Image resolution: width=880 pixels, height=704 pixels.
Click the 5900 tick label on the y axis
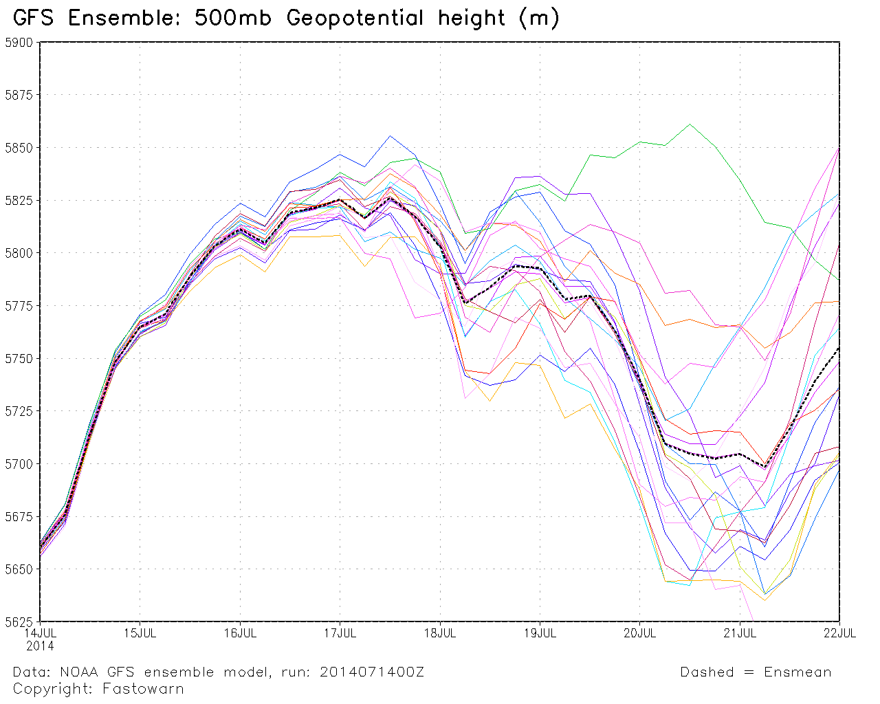coord(19,43)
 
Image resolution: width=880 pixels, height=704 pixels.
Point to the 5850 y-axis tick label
coord(19,148)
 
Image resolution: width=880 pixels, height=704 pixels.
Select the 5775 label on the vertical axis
coord(19,306)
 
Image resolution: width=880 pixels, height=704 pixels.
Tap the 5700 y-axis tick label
coord(19,464)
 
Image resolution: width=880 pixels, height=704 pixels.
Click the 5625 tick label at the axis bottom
coord(19,622)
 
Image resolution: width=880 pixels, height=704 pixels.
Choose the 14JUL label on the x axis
coord(40,633)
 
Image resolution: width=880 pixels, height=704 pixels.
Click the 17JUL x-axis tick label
coord(340,633)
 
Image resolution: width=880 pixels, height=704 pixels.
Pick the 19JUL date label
coord(540,633)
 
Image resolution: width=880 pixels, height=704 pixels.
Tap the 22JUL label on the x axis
coord(839,633)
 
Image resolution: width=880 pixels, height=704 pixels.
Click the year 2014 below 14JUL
coord(40,646)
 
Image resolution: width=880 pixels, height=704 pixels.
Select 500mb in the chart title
coord(232,18)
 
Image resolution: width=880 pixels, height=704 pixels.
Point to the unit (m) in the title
coord(539,19)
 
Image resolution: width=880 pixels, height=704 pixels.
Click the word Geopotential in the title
coord(355,19)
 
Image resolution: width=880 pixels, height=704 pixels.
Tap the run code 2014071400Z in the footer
coord(372,672)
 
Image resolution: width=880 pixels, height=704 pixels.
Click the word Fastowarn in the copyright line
coord(143,689)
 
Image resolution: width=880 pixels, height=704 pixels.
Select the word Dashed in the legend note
coord(707,672)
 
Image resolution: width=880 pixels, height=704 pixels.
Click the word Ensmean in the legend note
coord(797,672)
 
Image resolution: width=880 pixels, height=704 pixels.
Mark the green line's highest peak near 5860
coord(690,124)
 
